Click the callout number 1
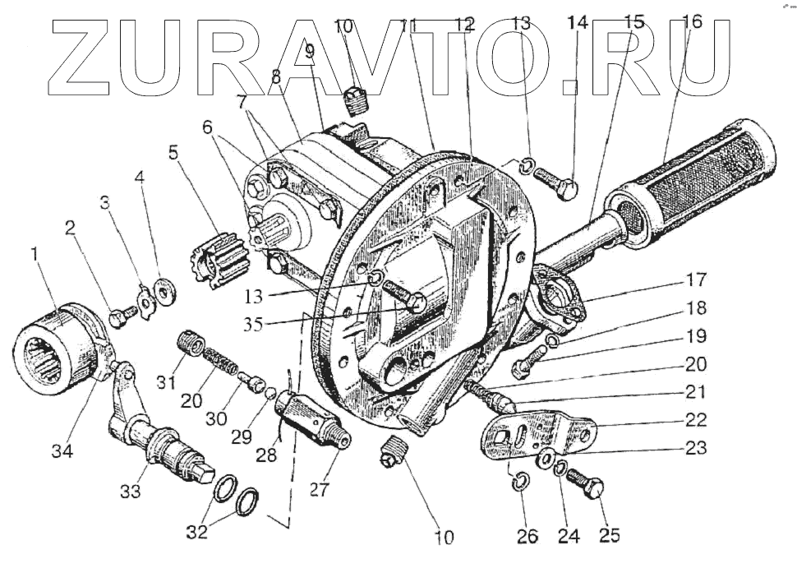coord(34,256)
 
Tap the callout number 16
coord(692,22)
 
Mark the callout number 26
coord(527,537)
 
